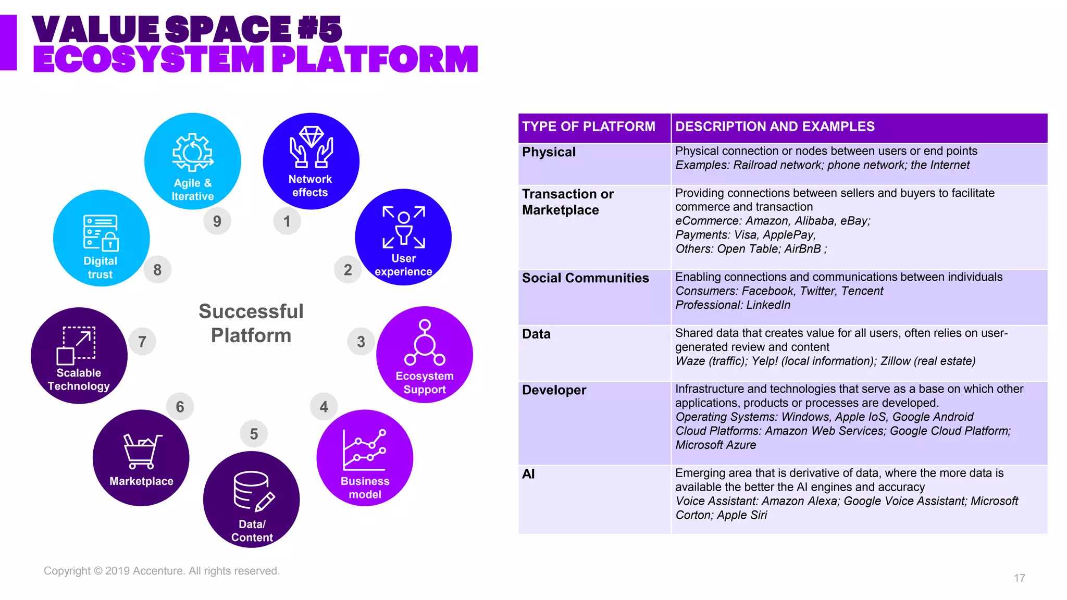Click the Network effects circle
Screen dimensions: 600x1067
[311, 161]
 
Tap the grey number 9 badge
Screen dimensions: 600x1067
[217, 221]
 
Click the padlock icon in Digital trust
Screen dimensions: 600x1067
[110, 242]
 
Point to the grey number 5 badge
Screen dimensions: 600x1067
[254, 434]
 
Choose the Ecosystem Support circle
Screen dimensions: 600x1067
[425, 355]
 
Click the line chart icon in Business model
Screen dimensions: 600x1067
[364, 449]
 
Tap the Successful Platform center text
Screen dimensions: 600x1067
[251, 323]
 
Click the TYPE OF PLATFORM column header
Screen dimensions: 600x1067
[589, 127]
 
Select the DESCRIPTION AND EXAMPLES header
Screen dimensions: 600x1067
[775, 127]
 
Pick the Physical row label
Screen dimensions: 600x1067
[549, 152]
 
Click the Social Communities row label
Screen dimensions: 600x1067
[585, 278]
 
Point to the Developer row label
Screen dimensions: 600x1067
[554, 390]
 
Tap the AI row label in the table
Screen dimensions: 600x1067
[528, 474]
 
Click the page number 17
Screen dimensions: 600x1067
[1020, 578]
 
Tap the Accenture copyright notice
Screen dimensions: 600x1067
[162, 571]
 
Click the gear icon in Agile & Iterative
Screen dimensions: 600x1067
[193, 153]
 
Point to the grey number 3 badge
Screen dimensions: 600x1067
[361, 342]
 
